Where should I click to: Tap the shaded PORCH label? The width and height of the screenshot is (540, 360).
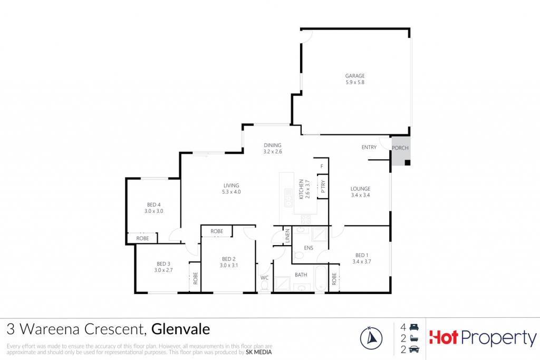[x=400, y=148]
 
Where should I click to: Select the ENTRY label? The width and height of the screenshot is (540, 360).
[x=369, y=147]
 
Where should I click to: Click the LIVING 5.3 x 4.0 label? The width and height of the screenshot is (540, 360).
[x=232, y=189]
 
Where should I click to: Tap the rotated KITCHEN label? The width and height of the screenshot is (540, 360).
[x=301, y=189]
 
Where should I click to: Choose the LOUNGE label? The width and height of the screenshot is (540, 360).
[x=361, y=189]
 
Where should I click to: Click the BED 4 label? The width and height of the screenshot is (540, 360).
[x=153, y=205]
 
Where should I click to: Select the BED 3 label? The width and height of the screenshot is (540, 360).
[x=163, y=264]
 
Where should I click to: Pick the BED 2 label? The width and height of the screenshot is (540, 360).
[x=229, y=259]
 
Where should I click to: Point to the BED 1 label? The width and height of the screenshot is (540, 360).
[x=362, y=255]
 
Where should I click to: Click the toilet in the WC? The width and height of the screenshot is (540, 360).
[x=265, y=286]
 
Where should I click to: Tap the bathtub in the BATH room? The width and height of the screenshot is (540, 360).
[x=320, y=278]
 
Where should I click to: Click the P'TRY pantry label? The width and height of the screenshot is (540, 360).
[x=323, y=187]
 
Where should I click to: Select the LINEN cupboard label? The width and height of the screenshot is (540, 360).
[x=287, y=236]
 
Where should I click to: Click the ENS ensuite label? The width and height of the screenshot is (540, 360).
[x=308, y=248]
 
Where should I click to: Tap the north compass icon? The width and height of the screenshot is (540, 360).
[x=371, y=338]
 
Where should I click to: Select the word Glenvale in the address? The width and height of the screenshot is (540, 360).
[x=180, y=329]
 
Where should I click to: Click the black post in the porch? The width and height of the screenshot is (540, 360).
[x=408, y=162]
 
